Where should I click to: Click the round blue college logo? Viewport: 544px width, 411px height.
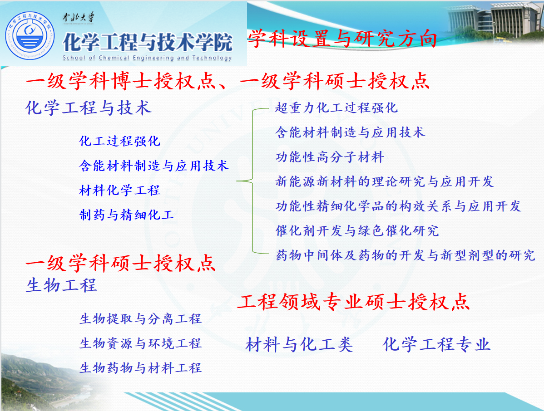click(30, 36)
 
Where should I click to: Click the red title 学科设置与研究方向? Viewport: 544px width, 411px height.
click(343, 38)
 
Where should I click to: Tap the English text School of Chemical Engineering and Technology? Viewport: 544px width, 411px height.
click(147, 58)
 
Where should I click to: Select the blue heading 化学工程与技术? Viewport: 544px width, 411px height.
click(89, 108)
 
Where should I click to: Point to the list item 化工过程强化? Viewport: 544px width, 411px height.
click(120, 141)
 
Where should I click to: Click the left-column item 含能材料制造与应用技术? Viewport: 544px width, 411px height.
click(154, 166)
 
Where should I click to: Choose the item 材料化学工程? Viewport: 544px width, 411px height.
click(120, 190)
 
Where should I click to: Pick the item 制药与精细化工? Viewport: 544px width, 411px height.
click(127, 215)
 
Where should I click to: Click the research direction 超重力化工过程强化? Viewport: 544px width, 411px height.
click(336, 108)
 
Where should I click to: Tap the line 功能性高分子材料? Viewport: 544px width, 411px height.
click(330, 157)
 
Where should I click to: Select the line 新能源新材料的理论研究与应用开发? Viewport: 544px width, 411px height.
click(385, 181)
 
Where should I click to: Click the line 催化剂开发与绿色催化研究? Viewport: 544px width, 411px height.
click(357, 230)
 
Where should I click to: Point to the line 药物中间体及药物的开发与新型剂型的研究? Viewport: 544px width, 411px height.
click(405, 255)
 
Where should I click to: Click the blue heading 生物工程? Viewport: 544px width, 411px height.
click(61, 285)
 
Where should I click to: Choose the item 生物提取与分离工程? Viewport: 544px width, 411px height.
click(140, 318)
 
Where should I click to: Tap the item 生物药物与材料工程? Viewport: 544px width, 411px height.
click(140, 368)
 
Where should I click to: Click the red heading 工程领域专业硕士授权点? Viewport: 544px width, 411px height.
click(354, 302)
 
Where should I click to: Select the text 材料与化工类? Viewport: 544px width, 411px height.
click(299, 344)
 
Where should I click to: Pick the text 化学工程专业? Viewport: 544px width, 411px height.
click(436, 344)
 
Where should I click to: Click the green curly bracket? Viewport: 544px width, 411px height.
click(252, 181)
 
